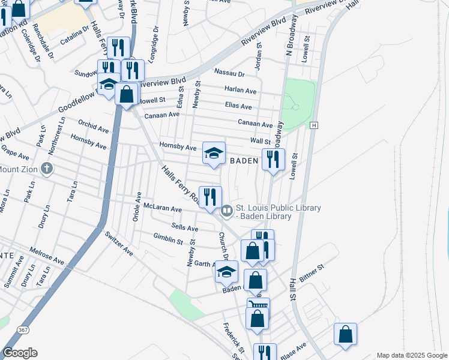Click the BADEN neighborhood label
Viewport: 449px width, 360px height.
244,161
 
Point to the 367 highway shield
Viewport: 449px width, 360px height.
23,329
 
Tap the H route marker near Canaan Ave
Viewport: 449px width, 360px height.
313,125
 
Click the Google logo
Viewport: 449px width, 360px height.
20,352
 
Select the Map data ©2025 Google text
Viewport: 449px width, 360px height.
411,355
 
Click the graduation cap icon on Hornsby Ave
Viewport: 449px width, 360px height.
214,153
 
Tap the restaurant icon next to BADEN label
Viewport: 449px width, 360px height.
273,160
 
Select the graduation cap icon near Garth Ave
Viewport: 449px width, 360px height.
226,272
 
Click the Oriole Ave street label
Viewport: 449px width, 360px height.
138,205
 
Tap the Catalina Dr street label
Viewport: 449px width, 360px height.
75,35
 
